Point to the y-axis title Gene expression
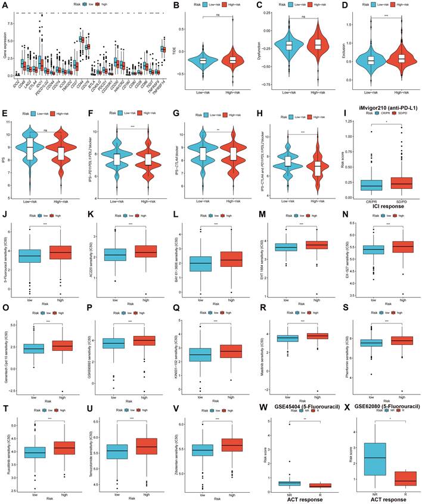click(4, 45)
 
